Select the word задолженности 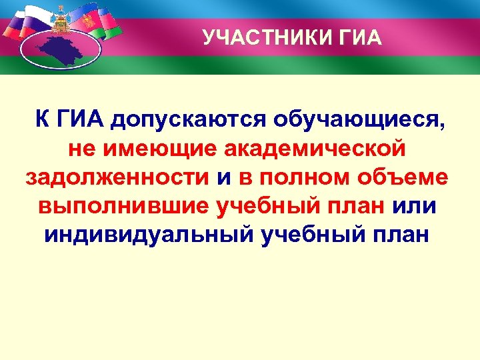[x=117, y=177]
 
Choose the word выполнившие [x=124, y=206]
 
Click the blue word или [x=415, y=206]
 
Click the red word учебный [x=272, y=207]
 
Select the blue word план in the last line [x=401, y=235]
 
